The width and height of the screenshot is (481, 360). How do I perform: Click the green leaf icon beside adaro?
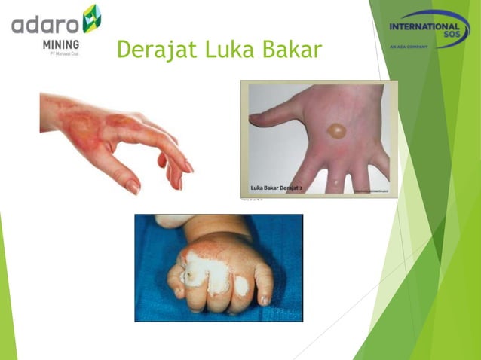(91, 18)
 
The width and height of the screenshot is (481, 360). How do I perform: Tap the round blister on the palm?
(336, 130)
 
